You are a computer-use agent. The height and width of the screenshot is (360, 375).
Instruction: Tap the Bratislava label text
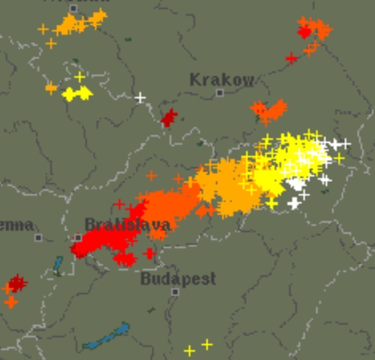[127, 225]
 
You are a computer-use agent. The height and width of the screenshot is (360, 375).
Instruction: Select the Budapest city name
[178, 279]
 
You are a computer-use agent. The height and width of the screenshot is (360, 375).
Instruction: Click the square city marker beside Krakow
[220, 93]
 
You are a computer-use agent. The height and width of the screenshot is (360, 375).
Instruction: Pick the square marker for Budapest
[175, 292]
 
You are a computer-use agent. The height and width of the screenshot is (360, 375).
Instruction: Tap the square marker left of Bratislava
[78, 238]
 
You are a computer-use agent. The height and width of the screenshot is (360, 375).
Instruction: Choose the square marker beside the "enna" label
[38, 238]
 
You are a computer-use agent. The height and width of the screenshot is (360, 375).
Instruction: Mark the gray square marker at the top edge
[73, 8]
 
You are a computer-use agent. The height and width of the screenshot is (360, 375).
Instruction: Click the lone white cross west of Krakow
[140, 98]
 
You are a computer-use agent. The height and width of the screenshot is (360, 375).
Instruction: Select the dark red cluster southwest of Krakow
[169, 117]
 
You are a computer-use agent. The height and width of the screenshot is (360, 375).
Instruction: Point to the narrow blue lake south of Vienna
[58, 265]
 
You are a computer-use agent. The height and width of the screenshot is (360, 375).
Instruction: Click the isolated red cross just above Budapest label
[150, 254]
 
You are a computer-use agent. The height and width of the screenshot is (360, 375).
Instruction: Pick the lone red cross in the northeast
[292, 59]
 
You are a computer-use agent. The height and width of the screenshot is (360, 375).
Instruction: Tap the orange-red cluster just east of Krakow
[269, 111]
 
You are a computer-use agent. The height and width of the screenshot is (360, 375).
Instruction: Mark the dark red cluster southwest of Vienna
[17, 283]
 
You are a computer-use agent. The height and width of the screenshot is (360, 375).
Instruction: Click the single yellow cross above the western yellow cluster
[80, 77]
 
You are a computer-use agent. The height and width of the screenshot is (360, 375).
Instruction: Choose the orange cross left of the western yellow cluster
[51, 88]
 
